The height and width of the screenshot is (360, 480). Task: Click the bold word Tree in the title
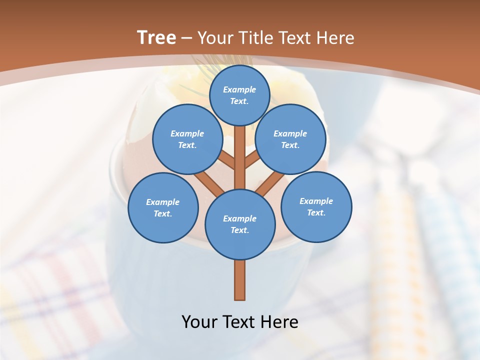(156, 37)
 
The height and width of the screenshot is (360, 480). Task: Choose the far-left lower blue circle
(163, 207)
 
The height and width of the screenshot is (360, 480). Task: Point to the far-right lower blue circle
(316, 206)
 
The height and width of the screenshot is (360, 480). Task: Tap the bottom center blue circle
(240, 224)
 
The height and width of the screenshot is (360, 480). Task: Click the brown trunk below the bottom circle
(239, 280)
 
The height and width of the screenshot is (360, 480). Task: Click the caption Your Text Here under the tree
(239, 321)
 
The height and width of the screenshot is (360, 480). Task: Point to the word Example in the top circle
(239, 89)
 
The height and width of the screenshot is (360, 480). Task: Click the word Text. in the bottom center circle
(239, 230)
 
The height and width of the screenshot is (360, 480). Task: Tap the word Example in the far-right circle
(316, 201)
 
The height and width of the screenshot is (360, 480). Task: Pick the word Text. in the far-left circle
(163, 213)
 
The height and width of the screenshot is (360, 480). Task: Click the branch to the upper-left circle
(226, 160)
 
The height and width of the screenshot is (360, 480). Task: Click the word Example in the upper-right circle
(290, 133)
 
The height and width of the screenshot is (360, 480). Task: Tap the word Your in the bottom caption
(199, 321)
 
